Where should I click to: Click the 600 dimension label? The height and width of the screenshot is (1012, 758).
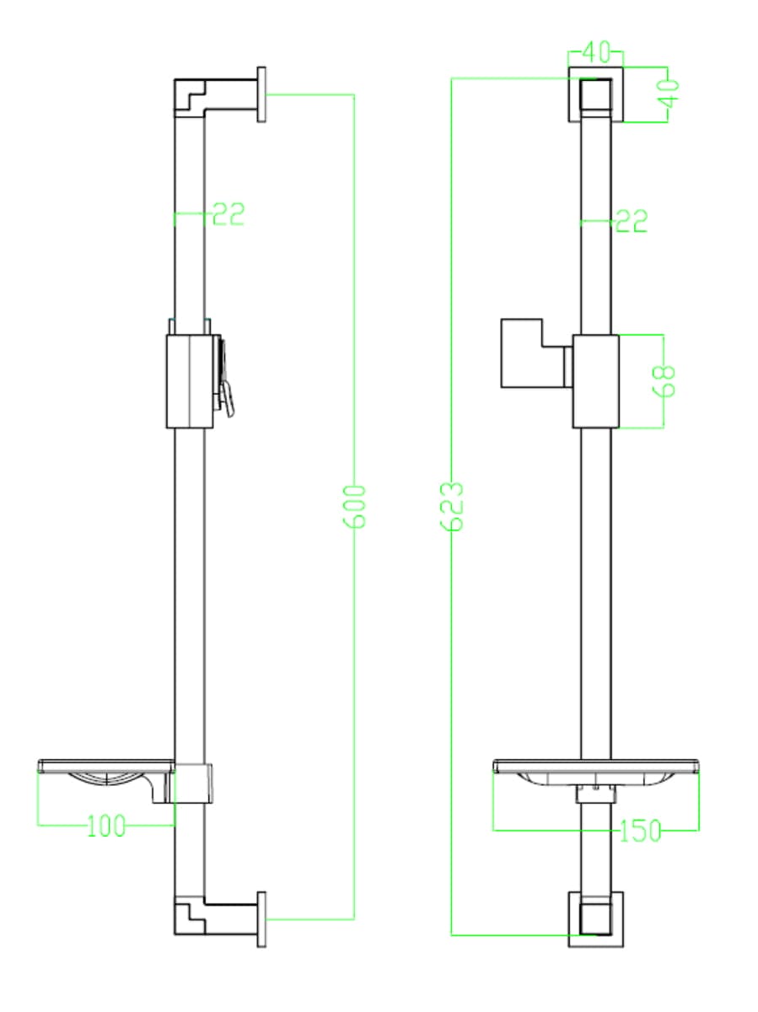[354, 506]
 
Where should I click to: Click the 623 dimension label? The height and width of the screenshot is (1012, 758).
[452, 506]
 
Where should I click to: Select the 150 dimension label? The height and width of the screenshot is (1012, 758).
[640, 831]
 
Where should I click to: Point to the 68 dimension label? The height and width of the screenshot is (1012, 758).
[664, 381]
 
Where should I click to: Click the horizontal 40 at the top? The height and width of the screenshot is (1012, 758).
[596, 51]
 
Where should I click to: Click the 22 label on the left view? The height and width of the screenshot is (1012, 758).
[228, 214]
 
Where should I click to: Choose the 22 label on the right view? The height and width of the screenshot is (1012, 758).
[632, 221]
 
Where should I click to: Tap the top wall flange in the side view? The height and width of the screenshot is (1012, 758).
[261, 94]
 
